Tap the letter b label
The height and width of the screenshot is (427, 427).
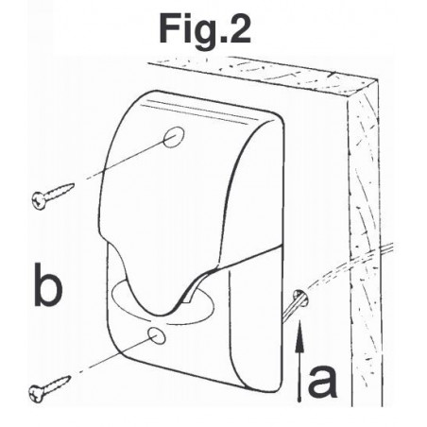[x=48, y=284]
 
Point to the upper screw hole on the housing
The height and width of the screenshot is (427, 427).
[x=174, y=137]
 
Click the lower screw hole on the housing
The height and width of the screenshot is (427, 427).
[x=157, y=335]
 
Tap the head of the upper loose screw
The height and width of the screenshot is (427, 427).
[x=39, y=200]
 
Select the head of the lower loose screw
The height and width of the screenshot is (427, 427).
[x=36, y=394]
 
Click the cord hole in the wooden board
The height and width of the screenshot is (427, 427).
[x=300, y=298]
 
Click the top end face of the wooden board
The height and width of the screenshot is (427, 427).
[x=263, y=75]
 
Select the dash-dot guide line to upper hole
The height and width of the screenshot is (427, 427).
[x=125, y=160]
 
